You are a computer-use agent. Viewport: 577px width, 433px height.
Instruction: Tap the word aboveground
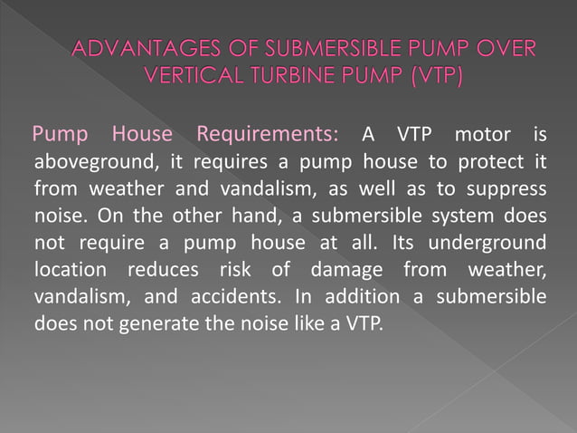[82, 164]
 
